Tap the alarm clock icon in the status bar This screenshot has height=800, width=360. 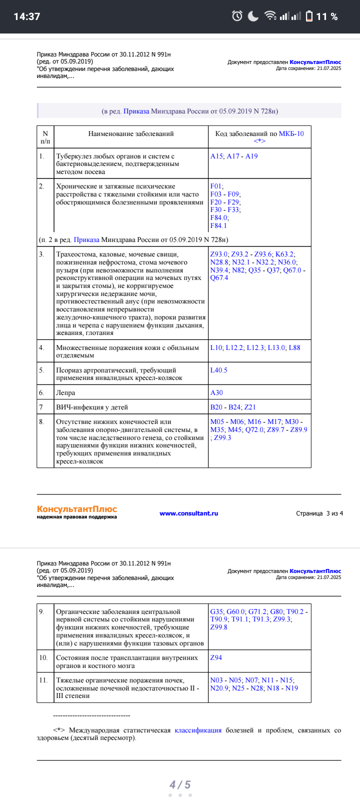(x=237, y=16)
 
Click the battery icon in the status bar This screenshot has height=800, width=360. (x=309, y=16)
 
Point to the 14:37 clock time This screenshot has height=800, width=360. (x=26, y=16)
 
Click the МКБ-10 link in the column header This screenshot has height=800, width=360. (x=291, y=133)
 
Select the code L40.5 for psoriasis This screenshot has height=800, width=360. (x=218, y=370)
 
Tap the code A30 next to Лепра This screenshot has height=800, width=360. (x=216, y=392)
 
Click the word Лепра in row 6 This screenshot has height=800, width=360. (x=65, y=392)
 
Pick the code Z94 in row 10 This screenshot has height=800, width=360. (x=216, y=657)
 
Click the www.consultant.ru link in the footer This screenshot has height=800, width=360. (x=188, y=513)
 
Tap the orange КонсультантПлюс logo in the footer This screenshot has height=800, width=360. (x=76, y=509)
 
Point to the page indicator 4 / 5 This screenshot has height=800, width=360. (x=180, y=784)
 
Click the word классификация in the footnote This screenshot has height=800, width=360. (x=198, y=730)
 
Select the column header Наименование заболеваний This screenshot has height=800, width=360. (x=131, y=133)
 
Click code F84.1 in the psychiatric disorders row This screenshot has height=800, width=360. (x=218, y=225)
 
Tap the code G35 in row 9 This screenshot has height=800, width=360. (x=216, y=611)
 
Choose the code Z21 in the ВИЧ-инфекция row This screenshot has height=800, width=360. (x=250, y=407)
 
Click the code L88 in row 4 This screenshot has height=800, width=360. (x=294, y=347)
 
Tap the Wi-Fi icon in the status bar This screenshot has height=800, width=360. (x=270, y=16)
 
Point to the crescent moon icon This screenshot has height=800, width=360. (x=253, y=16)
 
